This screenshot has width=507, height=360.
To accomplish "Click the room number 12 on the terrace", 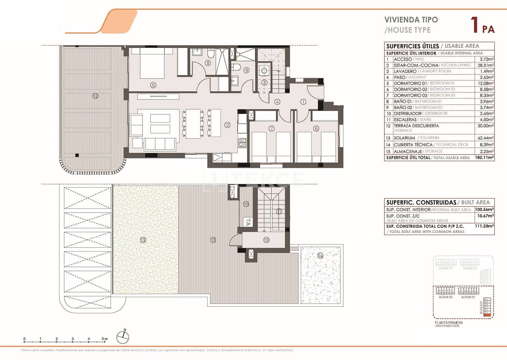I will point(95,96).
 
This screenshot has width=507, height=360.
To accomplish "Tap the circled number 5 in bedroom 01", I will point(153,85).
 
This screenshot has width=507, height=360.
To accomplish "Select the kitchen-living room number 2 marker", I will point(228,125).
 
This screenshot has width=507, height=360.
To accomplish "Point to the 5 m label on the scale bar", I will point(105,339).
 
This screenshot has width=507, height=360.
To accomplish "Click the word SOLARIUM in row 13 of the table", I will point(404,138).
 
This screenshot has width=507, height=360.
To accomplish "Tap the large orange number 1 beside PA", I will point(474,25).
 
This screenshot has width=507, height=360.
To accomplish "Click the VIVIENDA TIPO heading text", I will point(411,20).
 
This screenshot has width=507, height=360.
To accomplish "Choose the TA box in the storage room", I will point(248,222).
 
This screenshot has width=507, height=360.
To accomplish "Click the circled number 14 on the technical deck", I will point(320,255).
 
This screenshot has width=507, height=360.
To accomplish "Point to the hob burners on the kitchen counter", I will point(242,143).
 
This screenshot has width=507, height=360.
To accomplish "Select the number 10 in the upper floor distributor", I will point(266,240).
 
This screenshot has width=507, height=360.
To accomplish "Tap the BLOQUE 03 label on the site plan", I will point(446,297).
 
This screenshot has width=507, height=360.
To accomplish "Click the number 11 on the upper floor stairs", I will point(279,211).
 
